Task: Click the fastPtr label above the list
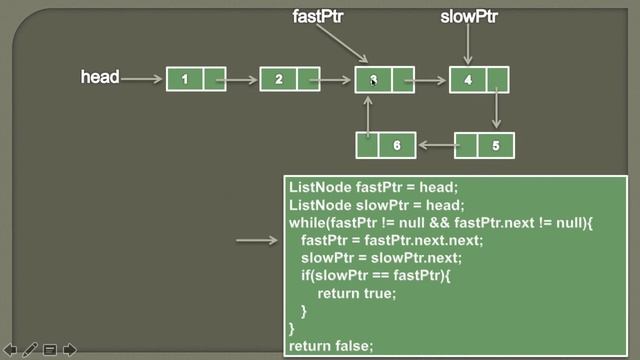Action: click(318, 16)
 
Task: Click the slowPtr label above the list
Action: click(469, 16)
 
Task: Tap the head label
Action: click(100, 77)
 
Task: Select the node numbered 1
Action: click(197, 78)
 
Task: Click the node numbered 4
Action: click(479, 78)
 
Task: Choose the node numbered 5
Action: click(485, 145)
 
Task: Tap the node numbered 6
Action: click(386, 145)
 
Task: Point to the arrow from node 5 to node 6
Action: click(436, 145)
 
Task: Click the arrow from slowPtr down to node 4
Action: click(469, 45)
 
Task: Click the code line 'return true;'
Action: click(357, 293)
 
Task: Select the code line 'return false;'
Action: click(331, 346)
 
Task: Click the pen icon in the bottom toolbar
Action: click(30, 349)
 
